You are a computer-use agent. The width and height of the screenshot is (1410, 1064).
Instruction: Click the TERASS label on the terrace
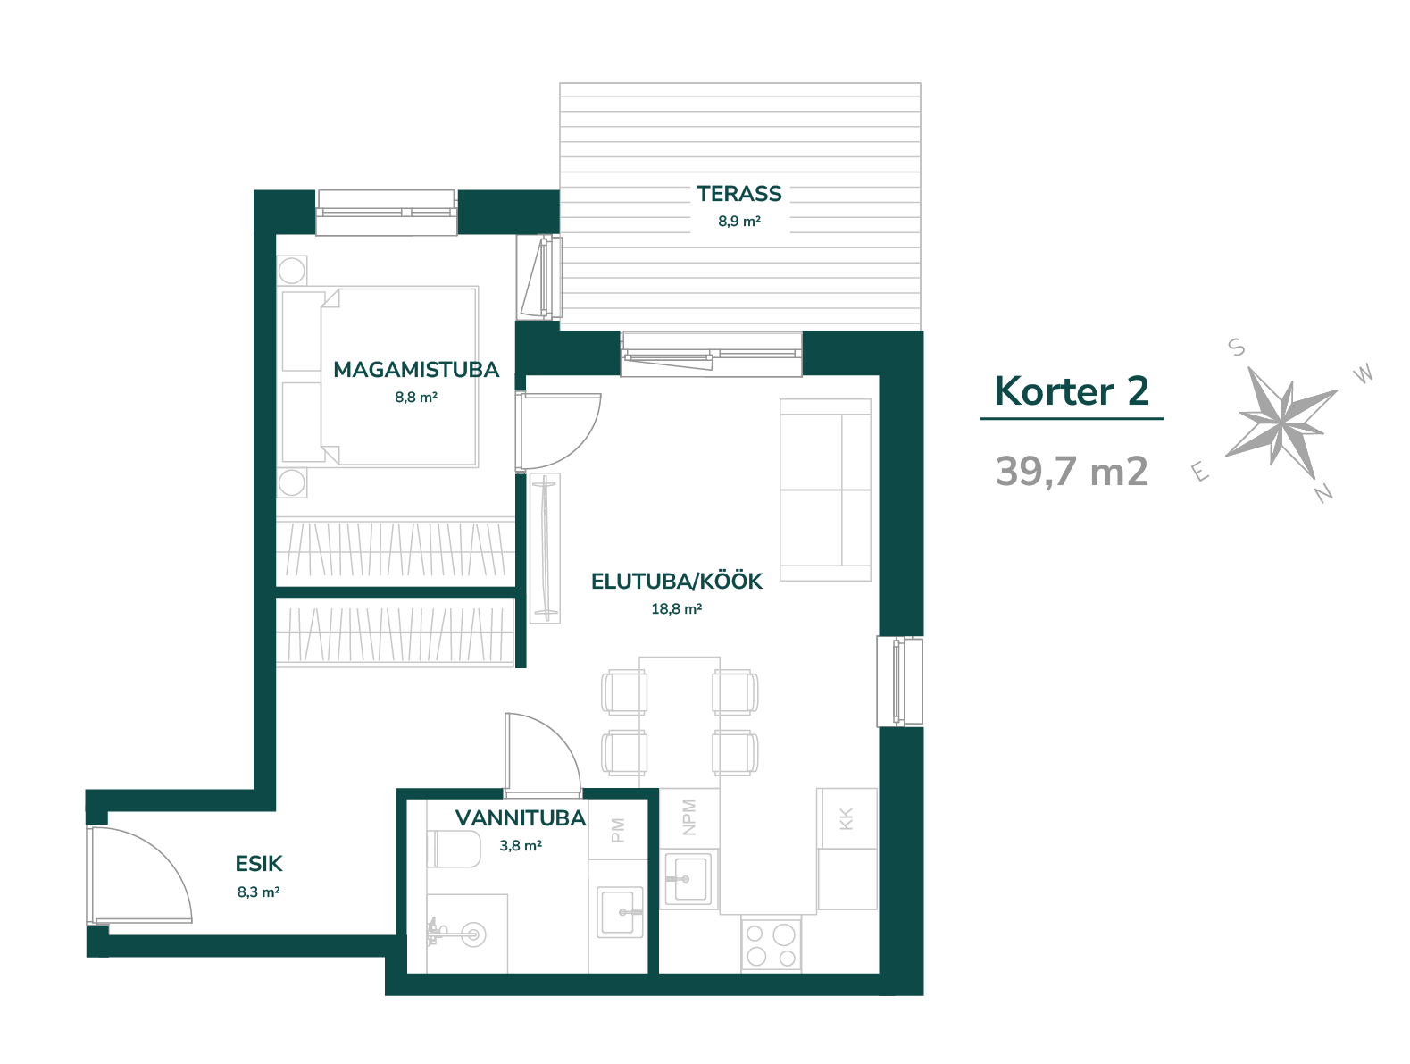coord(738,193)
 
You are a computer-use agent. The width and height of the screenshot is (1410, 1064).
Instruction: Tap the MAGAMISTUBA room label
coord(415,370)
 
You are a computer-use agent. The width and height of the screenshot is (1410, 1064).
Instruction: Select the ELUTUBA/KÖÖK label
coord(676,581)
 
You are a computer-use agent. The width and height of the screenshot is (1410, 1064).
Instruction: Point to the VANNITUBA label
coord(521,818)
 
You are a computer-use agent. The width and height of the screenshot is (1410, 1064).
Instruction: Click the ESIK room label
coord(259,864)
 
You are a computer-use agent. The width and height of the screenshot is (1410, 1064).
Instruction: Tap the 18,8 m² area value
coord(676,608)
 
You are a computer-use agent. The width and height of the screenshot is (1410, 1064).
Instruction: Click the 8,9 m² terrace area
coord(738,221)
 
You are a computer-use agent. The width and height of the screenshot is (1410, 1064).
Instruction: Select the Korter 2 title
coord(1072,390)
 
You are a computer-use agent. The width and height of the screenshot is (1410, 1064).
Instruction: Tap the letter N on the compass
coord(1323,493)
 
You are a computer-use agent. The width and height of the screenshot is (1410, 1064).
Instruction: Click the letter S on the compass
coord(1237,348)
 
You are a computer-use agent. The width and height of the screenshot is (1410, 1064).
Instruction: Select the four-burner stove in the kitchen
coord(771,944)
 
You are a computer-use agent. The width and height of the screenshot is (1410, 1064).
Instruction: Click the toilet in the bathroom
coord(453,849)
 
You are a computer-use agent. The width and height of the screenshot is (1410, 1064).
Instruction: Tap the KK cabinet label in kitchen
coord(846,818)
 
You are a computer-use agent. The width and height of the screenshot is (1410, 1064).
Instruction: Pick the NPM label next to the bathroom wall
coord(688,817)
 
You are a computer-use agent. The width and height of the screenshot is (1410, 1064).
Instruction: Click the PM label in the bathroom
coord(617,830)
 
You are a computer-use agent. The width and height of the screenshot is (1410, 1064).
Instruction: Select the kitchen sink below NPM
coord(688,879)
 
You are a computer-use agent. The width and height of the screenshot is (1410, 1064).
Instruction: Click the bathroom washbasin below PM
coord(620,912)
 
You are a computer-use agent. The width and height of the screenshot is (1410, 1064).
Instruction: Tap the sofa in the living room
coord(825,490)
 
